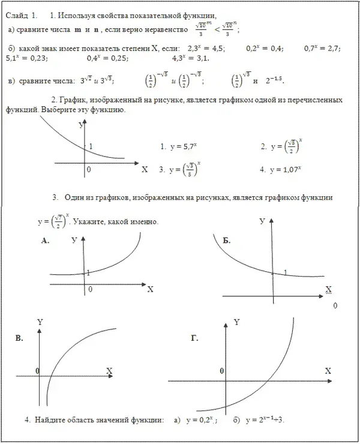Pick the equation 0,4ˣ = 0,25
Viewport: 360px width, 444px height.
(x=107, y=58)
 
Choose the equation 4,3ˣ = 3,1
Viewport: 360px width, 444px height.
(x=190, y=58)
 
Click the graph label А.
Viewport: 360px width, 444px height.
(x=45, y=241)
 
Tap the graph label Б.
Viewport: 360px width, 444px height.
(x=227, y=241)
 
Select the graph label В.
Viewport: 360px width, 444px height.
(x=20, y=339)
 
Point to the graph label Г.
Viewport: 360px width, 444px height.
(x=194, y=339)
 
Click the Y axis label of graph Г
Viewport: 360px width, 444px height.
(x=236, y=322)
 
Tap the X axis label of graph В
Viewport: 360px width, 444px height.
(x=109, y=371)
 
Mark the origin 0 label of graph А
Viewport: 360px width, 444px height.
(x=90, y=289)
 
